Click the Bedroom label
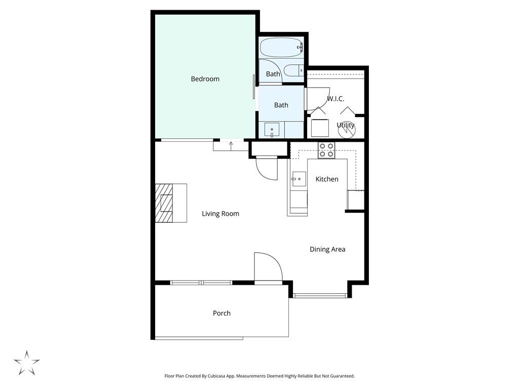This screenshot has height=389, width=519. [x=205, y=79]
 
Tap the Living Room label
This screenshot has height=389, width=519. [x=220, y=214]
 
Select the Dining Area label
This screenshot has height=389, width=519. [x=327, y=249]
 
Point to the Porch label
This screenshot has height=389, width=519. [x=221, y=314]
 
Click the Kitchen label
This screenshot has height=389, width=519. [x=327, y=179]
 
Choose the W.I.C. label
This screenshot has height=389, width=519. [x=336, y=99]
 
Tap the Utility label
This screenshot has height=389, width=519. [x=346, y=125]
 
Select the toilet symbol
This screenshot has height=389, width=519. [x=293, y=71]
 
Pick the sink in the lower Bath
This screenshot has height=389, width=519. [x=272, y=130]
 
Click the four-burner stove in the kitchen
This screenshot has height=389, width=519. [x=326, y=150]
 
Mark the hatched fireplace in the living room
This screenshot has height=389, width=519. [x=164, y=203]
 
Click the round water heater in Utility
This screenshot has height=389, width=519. [x=347, y=130]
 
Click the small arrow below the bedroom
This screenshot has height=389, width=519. [x=231, y=145]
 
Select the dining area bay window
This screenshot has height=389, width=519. [x=320, y=295]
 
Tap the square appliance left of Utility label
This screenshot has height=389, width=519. [x=320, y=128]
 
